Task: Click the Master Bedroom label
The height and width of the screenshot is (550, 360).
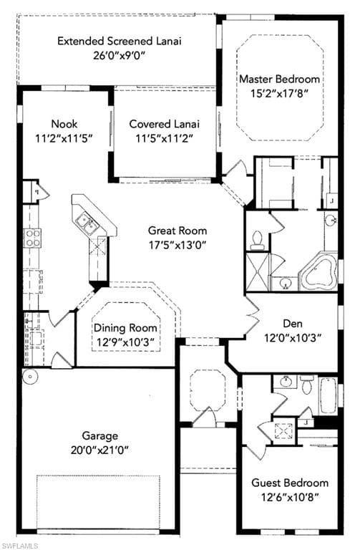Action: (279, 79)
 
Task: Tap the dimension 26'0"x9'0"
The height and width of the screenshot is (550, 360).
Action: (120, 55)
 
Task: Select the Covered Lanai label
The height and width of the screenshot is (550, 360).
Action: (164, 124)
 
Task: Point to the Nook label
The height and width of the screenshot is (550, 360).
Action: (64, 124)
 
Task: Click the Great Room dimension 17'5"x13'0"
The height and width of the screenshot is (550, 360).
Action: (177, 245)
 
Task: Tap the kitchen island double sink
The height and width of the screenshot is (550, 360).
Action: (86, 223)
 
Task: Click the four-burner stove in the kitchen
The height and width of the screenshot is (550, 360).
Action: (32, 238)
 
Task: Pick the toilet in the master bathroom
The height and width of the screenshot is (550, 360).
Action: (258, 241)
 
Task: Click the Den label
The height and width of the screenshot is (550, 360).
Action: (293, 324)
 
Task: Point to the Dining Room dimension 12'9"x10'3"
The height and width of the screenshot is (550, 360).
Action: (125, 342)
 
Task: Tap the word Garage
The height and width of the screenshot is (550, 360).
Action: (99, 436)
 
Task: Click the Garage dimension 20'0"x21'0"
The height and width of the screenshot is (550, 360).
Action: (99, 450)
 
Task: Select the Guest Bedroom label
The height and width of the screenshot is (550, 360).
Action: (290, 483)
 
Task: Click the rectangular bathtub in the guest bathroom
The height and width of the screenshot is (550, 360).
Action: (328, 395)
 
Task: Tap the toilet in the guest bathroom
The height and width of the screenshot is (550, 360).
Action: (308, 385)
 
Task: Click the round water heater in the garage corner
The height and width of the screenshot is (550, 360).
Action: (30, 377)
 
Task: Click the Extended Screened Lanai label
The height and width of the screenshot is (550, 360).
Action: (120, 41)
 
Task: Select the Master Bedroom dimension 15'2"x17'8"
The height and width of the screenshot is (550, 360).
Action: (279, 93)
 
